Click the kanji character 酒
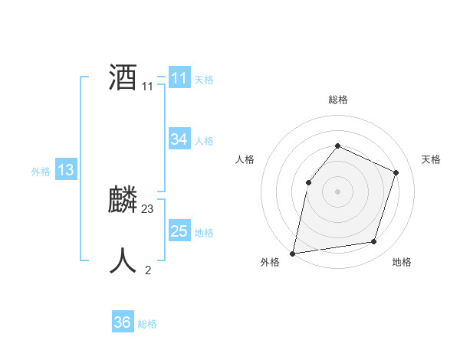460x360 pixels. point(123,77)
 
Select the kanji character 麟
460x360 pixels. point(123,200)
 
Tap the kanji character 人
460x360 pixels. point(123,261)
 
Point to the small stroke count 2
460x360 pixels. point(148,270)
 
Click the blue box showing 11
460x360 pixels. point(179,78)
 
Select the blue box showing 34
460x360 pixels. point(179,139)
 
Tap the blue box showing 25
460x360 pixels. point(179,231)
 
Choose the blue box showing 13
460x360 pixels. point(66,170)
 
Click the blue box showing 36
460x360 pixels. point(122,322)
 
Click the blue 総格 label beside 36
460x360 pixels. point(147,324)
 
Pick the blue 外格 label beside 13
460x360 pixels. point(41,172)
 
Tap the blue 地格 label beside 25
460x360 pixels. point(204,233)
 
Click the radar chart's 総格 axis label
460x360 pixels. point(337,100)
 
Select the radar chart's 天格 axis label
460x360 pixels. point(431,159)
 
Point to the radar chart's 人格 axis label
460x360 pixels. point(245,159)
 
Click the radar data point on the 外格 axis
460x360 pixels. point(293,253)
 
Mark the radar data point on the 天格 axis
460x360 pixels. point(396,172)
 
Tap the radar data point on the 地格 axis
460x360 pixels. point(374,242)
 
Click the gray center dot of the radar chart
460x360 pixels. point(337,191)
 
